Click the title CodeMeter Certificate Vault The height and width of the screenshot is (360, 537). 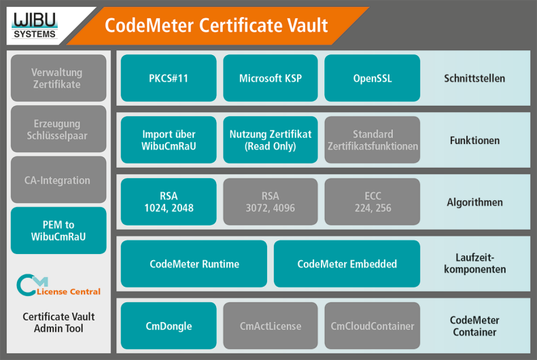(x=216, y=26)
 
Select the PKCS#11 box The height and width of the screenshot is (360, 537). (x=169, y=78)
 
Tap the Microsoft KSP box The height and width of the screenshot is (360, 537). (x=271, y=78)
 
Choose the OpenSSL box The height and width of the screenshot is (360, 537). (x=373, y=78)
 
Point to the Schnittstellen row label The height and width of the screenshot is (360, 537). (x=474, y=78)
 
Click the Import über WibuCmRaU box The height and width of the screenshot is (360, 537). (x=169, y=140)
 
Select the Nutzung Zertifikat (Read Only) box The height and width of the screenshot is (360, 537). (x=271, y=140)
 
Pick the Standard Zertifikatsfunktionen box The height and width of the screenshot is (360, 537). (x=373, y=140)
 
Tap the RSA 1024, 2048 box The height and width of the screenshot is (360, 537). (x=169, y=202)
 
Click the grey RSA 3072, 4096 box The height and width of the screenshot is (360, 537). (x=271, y=202)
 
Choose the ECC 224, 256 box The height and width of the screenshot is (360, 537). (x=373, y=202)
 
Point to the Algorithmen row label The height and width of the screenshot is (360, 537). (x=474, y=202)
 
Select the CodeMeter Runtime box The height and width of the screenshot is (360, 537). (x=194, y=264)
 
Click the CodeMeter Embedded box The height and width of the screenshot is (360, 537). (x=347, y=264)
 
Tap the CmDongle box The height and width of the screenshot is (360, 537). (x=169, y=326)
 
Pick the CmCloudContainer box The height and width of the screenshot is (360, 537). (x=373, y=326)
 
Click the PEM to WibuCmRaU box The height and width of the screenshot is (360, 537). (x=58, y=231)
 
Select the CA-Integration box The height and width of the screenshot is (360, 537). (x=58, y=180)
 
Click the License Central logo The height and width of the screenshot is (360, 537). (x=58, y=286)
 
